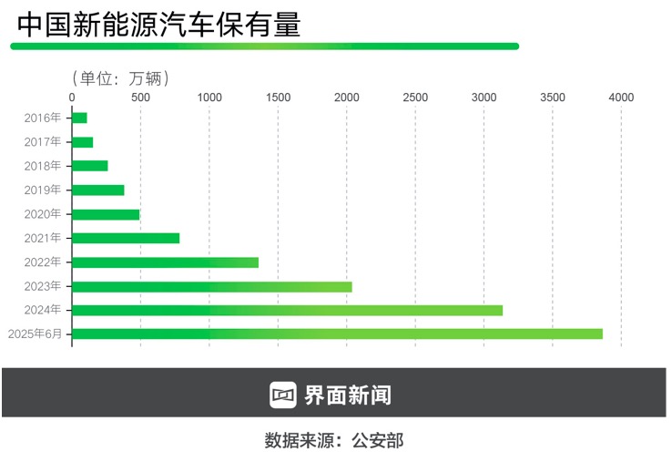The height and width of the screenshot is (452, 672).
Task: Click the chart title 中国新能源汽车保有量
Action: point(158,25)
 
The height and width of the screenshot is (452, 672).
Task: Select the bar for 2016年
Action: point(79,118)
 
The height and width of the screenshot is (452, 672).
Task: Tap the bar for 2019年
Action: point(97,190)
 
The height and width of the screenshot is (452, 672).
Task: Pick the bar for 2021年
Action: point(125,238)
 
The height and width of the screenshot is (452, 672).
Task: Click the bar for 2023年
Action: point(211,286)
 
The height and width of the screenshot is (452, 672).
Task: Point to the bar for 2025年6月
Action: point(337,334)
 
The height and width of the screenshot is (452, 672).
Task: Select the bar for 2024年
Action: point(287,310)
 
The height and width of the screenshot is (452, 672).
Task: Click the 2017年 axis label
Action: point(43,141)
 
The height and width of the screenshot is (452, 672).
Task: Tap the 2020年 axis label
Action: point(43,214)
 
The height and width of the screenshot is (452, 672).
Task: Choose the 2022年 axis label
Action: point(43,262)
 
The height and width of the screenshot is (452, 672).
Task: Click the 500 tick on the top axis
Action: point(140,97)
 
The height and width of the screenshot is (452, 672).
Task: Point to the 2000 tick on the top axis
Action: point(347,97)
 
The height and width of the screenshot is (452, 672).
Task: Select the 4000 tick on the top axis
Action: point(621,97)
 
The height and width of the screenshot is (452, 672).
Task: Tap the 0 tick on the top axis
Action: point(72,97)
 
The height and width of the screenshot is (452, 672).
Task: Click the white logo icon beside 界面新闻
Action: point(284,394)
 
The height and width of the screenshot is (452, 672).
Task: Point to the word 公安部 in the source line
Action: point(379,440)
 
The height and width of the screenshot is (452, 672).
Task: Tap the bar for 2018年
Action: point(89,166)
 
